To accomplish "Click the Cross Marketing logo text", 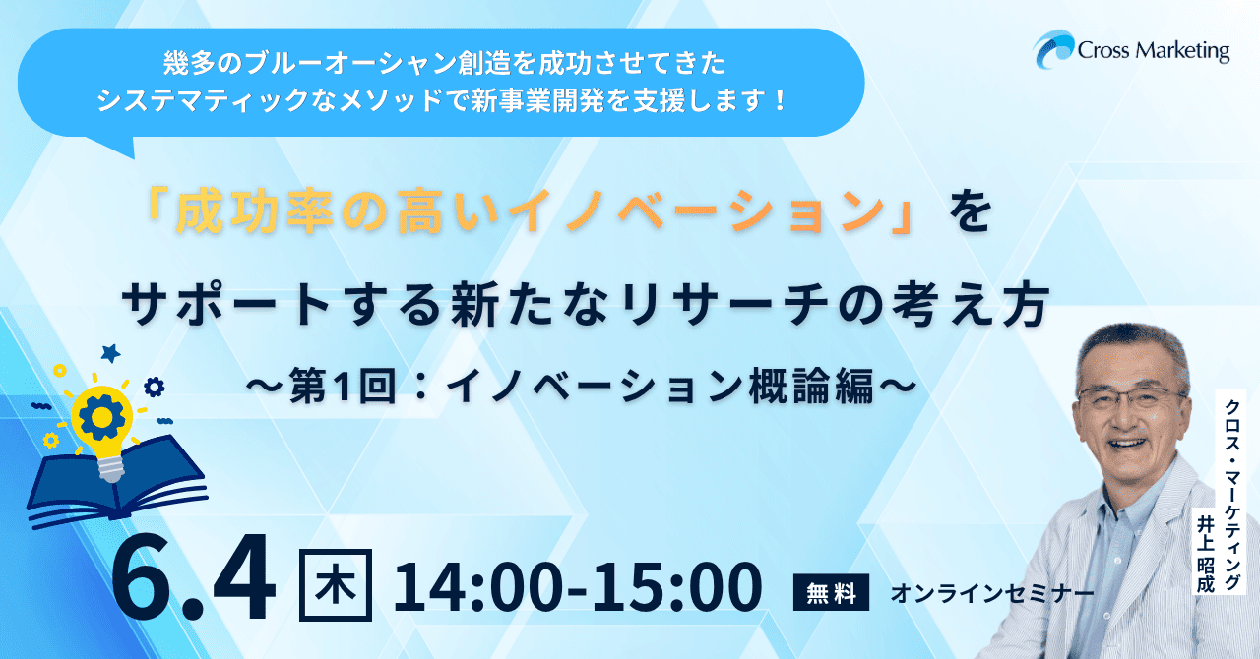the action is pos(1153,51).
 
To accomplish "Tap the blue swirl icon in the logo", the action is pos(1053,49).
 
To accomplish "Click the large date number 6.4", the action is pos(194,576).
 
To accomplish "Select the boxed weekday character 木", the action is pos(336,585).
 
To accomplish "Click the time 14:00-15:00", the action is pos(578,586).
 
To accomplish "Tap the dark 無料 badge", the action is pos(831,592).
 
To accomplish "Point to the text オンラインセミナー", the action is pos(992,593).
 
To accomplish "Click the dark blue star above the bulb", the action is pos(111,353).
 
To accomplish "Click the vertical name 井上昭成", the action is pos(1206,554).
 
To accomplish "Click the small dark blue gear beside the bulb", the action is pos(155,388).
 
